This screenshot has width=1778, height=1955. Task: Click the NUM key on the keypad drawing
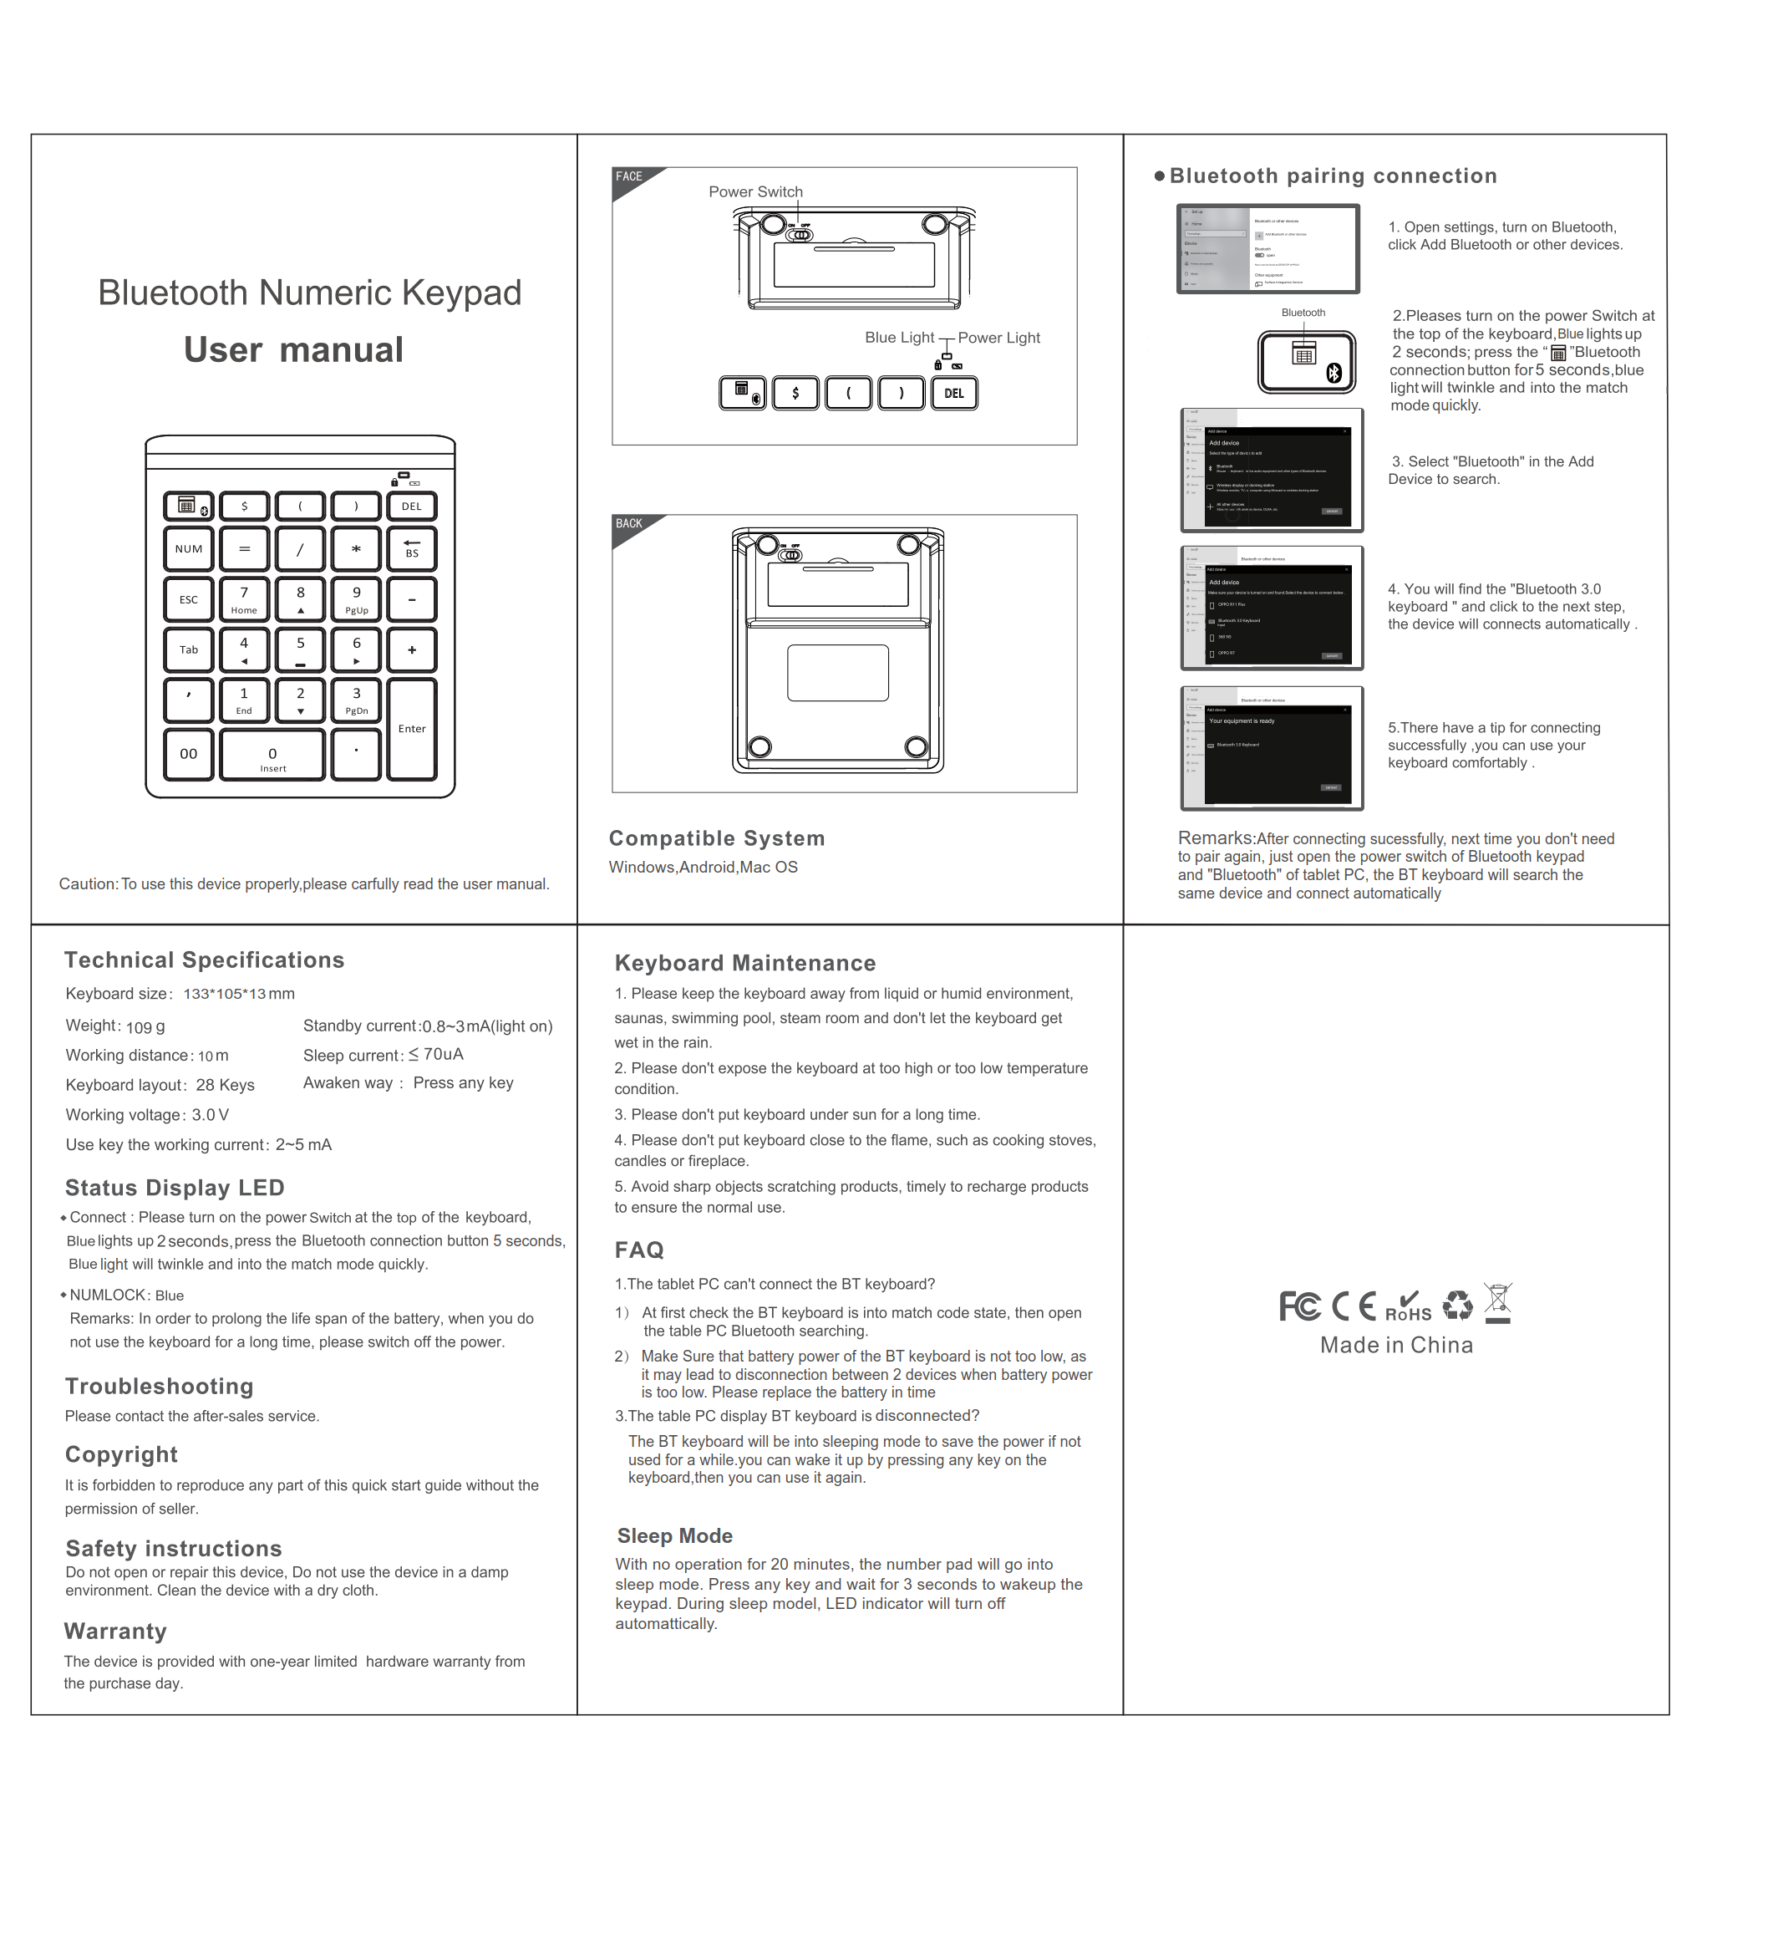[188, 549]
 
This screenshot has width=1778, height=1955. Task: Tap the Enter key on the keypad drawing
[411, 728]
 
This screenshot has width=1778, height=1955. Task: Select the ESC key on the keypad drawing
[188, 599]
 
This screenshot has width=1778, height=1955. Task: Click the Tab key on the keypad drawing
[188, 649]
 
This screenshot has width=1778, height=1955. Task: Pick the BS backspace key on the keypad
[411, 549]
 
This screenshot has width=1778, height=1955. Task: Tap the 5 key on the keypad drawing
[300, 649]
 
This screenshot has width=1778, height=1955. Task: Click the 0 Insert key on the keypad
[272, 756]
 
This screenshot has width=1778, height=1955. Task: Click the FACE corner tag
[629, 177]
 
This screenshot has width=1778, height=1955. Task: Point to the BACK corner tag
[629, 525]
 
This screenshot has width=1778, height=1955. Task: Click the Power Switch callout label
[755, 192]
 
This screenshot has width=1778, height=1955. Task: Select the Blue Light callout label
[899, 338]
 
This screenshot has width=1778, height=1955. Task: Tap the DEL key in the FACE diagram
[954, 393]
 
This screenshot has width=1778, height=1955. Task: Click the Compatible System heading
[716, 839]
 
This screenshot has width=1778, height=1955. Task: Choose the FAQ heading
[639, 1250]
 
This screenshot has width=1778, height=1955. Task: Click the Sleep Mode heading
[675, 1535]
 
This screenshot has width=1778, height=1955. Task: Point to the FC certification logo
[1299, 1306]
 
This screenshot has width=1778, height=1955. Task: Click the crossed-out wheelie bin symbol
[1498, 1302]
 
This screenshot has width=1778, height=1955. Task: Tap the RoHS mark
[1408, 1308]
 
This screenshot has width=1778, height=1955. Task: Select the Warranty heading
[115, 1631]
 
